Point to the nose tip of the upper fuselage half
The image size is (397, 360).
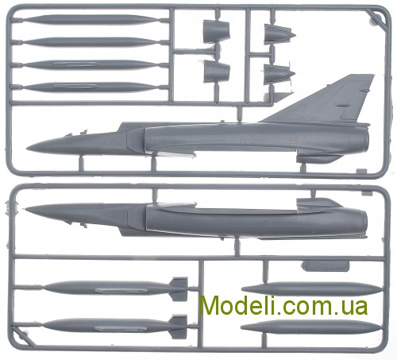[x=27, y=149]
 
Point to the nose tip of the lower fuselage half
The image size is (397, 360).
[x=26, y=209]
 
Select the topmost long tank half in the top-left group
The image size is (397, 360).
[x=90, y=20]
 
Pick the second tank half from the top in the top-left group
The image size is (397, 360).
[x=90, y=42]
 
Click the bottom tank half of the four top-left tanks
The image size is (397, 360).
[x=90, y=87]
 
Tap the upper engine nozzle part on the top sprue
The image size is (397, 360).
[x=216, y=32]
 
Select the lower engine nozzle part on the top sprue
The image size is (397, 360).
[x=217, y=71]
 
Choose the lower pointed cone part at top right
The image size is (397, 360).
[x=279, y=74]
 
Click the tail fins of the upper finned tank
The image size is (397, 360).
[x=179, y=288]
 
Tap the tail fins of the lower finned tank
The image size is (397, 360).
[x=179, y=327]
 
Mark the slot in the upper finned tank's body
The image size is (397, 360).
[x=121, y=290]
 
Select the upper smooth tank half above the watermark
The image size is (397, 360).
[x=312, y=288]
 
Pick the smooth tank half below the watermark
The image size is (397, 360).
[x=311, y=327]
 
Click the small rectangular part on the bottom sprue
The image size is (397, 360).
[x=326, y=266]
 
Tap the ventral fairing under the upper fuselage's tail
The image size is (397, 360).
[x=318, y=158]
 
